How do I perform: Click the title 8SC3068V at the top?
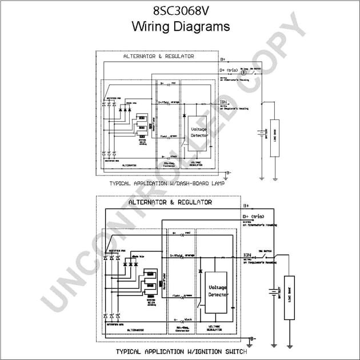(180, 11)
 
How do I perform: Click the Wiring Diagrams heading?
(180, 26)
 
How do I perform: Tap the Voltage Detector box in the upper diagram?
(198, 133)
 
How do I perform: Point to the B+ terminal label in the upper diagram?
(223, 59)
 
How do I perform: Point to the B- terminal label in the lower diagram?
(252, 339)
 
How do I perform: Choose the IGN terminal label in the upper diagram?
(223, 102)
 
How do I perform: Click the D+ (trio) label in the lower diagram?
(253, 217)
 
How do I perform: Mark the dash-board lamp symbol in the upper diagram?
(244, 73)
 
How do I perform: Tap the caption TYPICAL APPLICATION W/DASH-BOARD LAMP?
(166, 184)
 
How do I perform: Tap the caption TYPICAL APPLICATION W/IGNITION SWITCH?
(181, 351)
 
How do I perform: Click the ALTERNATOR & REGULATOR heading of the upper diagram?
(158, 57)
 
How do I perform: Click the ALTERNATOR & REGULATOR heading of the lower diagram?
(170, 202)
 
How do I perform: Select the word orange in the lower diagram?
(190, 255)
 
